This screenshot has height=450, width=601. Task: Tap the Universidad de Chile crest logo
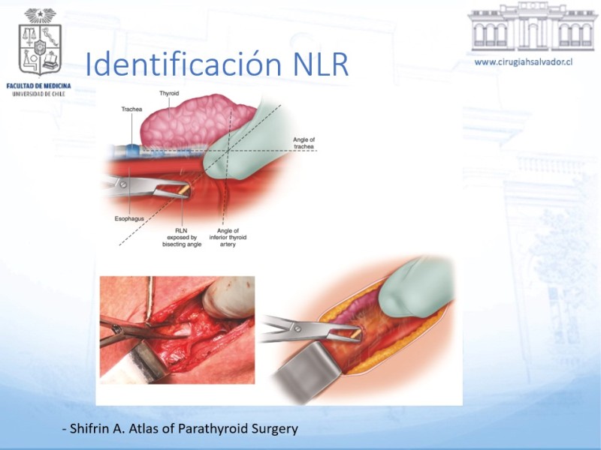(40, 43)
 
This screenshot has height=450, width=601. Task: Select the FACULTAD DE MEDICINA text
(39, 85)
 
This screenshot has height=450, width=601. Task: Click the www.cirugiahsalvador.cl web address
(524, 62)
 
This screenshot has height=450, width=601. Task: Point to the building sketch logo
(533, 27)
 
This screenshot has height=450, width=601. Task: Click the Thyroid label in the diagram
(169, 93)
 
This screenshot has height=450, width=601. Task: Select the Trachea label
(131, 109)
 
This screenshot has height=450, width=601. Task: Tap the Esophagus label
(129, 219)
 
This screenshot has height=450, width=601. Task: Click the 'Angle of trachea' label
(304, 143)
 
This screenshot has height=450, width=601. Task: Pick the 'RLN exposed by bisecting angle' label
(182, 238)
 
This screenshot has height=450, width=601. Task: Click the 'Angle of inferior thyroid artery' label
(228, 238)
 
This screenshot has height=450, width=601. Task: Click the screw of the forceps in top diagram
(123, 184)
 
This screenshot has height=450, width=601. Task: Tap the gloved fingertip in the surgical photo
(228, 297)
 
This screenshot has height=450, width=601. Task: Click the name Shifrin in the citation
(89, 428)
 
